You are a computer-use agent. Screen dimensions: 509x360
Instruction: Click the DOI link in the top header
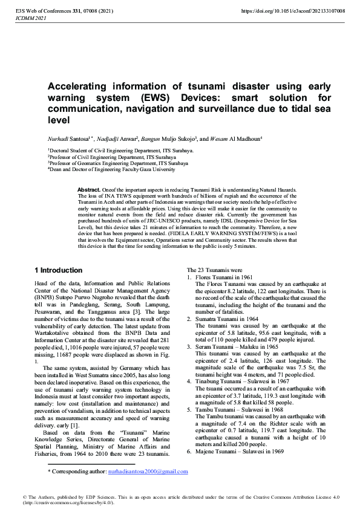293,11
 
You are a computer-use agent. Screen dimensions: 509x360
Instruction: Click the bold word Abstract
89,190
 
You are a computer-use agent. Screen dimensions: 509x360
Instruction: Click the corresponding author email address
147,471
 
